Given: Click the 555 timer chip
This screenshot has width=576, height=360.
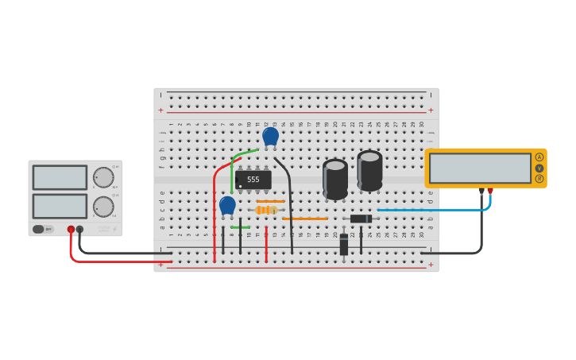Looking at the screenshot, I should click(253, 180).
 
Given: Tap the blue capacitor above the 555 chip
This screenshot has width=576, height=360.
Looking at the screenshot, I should click(270, 136).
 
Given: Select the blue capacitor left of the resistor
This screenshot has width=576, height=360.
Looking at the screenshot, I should click(227, 205).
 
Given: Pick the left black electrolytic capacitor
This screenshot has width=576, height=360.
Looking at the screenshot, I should click(335, 179).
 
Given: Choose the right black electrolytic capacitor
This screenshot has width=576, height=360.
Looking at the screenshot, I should click(369, 171).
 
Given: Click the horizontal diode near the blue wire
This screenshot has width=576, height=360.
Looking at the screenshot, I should click(361, 219).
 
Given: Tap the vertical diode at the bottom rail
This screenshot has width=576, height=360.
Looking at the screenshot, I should click(344, 246).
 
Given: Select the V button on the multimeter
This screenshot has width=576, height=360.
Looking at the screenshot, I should click(539, 168).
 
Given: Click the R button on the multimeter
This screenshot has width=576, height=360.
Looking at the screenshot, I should click(539, 179).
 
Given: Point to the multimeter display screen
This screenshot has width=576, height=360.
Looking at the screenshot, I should click(480, 168).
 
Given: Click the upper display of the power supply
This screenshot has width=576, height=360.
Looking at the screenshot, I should click(60, 177).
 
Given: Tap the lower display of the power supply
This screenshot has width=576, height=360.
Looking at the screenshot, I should click(60, 206).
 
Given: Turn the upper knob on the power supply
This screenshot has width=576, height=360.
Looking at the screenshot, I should click(102, 177).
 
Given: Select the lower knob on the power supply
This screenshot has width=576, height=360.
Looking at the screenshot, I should click(102, 207).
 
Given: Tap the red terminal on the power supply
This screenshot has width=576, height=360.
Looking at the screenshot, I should click(71, 229).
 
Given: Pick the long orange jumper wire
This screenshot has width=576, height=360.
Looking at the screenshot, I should click(304, 219).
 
